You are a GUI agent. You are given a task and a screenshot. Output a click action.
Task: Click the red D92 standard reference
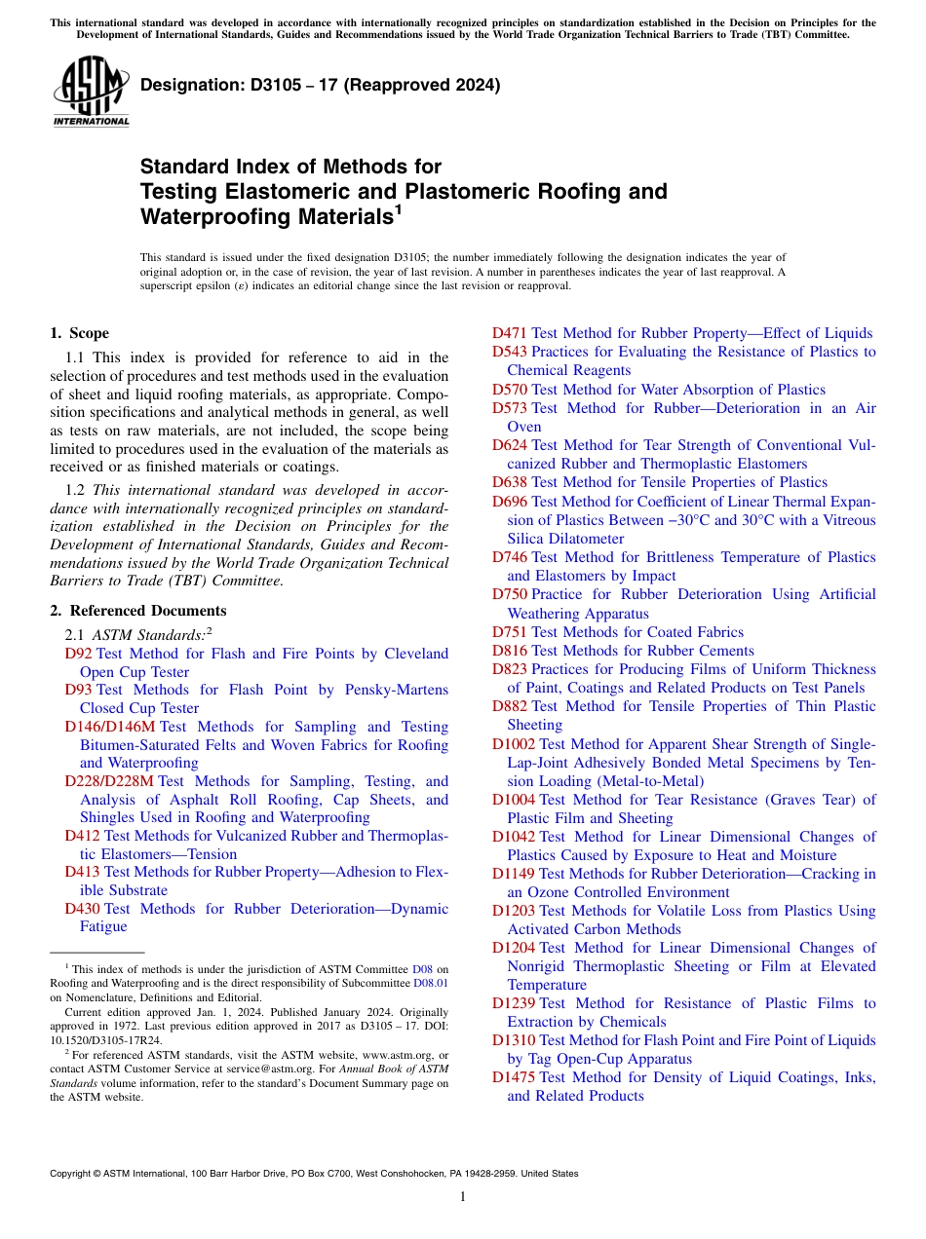pyautogui.click(x=78, y=654)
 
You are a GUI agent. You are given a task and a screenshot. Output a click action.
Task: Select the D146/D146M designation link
pyautogui.click(x=110, y=727)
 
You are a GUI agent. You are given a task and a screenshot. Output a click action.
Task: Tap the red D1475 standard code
pyautogui.click(x=513, y=1077)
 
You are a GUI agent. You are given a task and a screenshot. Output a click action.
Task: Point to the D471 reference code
pyautogui.click(x=509, y=333)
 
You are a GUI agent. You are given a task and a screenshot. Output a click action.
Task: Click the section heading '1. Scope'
pyautogui.click(x=80, y=333)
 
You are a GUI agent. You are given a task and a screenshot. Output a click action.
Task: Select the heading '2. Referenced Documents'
pyautogui.click(x=138, y=611)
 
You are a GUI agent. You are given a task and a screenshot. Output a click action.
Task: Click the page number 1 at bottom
pyautogui.click(x=463, y=1196)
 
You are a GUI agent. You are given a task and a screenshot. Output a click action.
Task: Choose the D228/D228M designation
pyautogui.click(x=109, y=781)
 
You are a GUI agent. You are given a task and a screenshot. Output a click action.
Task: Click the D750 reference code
pyautogui.click(x=509, y=594)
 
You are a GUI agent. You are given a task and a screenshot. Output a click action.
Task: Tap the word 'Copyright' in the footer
pyautogui.click(x=76, y=1174)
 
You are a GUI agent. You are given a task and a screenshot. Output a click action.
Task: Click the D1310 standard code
pyautogui.click(x=513, y=1040)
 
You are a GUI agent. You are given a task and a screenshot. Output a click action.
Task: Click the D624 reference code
pyautogui.click(x=509, y=445)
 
